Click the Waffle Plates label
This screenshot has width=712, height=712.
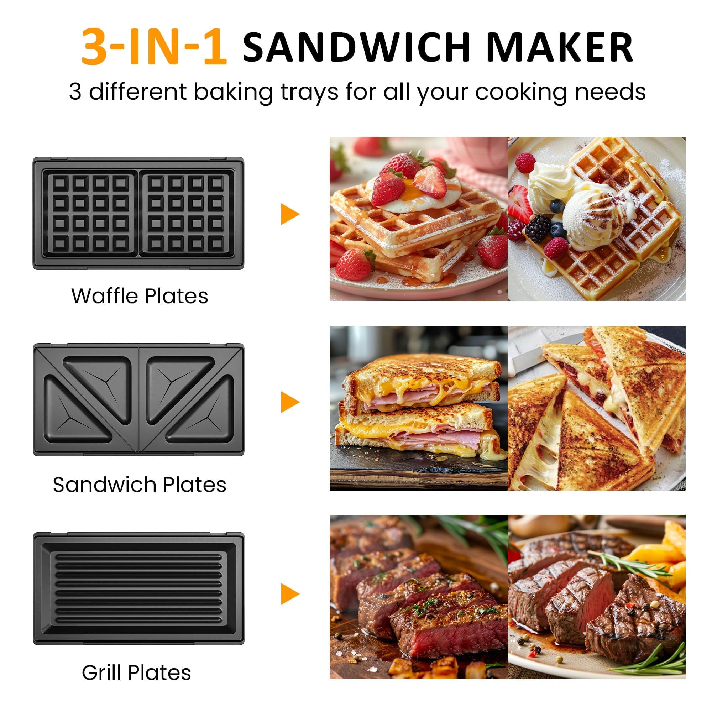click(140, 296)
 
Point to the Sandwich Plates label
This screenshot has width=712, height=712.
click(139, 485)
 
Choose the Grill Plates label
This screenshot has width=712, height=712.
click(136, 672)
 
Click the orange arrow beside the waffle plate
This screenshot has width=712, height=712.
click(290, 214)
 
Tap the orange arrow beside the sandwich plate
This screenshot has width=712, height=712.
click(290, 402)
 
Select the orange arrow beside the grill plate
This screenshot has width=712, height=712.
click(290, 594)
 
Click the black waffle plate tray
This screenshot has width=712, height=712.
click(138, 214)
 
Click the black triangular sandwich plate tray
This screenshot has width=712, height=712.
click(138, 400)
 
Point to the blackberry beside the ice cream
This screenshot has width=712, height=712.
click(537, 229)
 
